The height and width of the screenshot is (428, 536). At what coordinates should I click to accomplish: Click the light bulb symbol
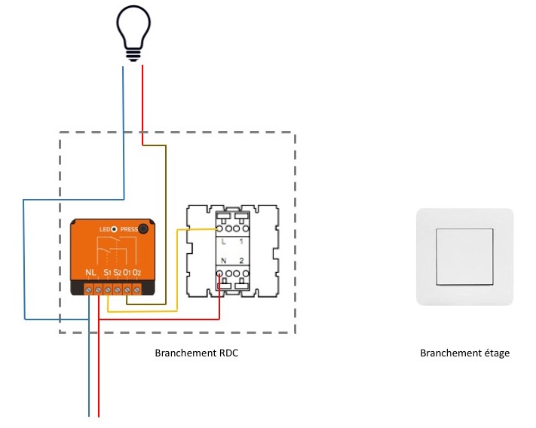133,33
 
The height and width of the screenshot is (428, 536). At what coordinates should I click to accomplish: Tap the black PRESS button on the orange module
143,229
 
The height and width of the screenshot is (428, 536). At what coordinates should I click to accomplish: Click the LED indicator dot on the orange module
114,229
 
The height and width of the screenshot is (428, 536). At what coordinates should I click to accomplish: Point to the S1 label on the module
108,272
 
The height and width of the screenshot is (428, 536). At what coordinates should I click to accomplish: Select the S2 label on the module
118,272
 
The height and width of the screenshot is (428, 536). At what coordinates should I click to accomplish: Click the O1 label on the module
127,272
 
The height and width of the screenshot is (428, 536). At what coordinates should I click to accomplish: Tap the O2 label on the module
136,272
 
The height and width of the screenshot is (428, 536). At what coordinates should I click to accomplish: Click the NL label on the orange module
90,272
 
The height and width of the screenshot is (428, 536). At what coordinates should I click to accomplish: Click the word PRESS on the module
129,229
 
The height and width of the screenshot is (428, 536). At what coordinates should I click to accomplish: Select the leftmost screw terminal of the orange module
88,289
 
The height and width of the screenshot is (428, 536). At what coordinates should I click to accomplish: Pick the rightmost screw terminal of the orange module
136,289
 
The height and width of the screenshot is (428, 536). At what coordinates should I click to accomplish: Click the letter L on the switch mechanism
223,242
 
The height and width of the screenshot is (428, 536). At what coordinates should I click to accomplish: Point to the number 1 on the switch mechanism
241,242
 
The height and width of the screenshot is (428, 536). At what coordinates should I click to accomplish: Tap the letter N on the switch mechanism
223,261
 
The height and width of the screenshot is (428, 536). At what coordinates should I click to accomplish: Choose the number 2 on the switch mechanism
241,261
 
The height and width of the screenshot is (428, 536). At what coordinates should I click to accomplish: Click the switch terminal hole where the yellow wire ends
220,228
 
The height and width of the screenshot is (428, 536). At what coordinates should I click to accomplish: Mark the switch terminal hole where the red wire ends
220,274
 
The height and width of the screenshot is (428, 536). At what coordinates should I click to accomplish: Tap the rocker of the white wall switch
464,256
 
